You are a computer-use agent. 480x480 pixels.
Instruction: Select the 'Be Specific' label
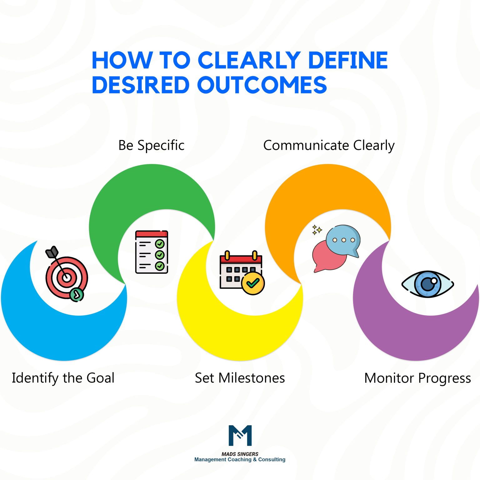pos(151,145)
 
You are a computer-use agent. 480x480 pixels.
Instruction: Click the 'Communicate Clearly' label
pos(329,145)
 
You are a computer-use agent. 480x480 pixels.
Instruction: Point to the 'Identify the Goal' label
pos(63,378)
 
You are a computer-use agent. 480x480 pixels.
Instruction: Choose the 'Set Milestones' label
pos(240,378)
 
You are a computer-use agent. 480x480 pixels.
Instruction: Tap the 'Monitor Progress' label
pos(417,378)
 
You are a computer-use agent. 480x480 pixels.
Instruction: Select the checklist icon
pos(152,252)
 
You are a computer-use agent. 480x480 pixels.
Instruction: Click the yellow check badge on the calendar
pos(253,283)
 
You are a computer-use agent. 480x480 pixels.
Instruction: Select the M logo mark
pos(240,435)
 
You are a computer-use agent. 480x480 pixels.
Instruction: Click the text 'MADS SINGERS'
pos(240,454)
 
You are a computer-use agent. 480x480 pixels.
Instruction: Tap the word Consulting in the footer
pos(272,460)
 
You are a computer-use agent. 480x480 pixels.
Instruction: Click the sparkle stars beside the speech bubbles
pos(317,230)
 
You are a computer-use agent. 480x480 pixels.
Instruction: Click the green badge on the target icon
pos(77,294)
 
